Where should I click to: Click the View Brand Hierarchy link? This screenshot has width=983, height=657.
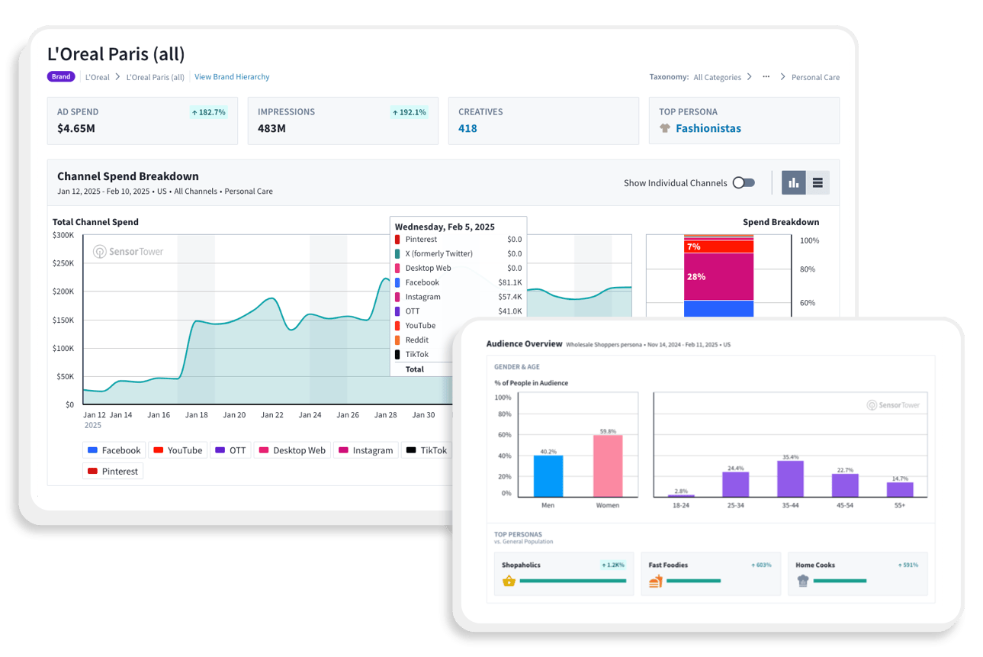tap(232, 77)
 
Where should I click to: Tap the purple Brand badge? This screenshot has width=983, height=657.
tap(61, 77)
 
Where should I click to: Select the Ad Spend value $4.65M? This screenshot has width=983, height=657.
tap(76, 128)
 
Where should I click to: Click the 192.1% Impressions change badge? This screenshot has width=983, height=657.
tap(409, 112)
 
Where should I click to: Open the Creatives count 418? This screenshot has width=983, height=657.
tap(467, 128)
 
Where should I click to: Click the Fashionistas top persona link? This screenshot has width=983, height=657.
tap(708, 128)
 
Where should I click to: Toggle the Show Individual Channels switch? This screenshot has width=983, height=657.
tap(744, 183)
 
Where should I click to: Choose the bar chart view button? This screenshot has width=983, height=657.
tap(794, 183)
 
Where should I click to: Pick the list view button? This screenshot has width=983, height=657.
tap(818, 183)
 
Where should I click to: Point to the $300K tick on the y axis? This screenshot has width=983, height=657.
tap(63, 235)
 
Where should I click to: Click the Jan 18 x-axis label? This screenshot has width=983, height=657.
tap(197, 415)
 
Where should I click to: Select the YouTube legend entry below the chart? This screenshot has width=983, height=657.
tap(178, 450)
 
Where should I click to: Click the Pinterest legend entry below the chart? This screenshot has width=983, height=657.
tap(113, 472)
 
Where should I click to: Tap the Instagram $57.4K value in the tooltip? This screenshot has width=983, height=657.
tap(510, 297)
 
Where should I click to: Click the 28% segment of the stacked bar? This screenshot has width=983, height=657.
tap(718, 276)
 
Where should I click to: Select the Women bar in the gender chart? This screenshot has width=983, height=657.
tap(608, 466)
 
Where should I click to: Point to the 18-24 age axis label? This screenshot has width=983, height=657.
tap(682, 505)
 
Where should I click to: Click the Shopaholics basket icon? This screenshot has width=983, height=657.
tap(509, 581)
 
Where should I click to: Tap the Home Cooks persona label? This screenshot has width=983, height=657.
tap(814, 565)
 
